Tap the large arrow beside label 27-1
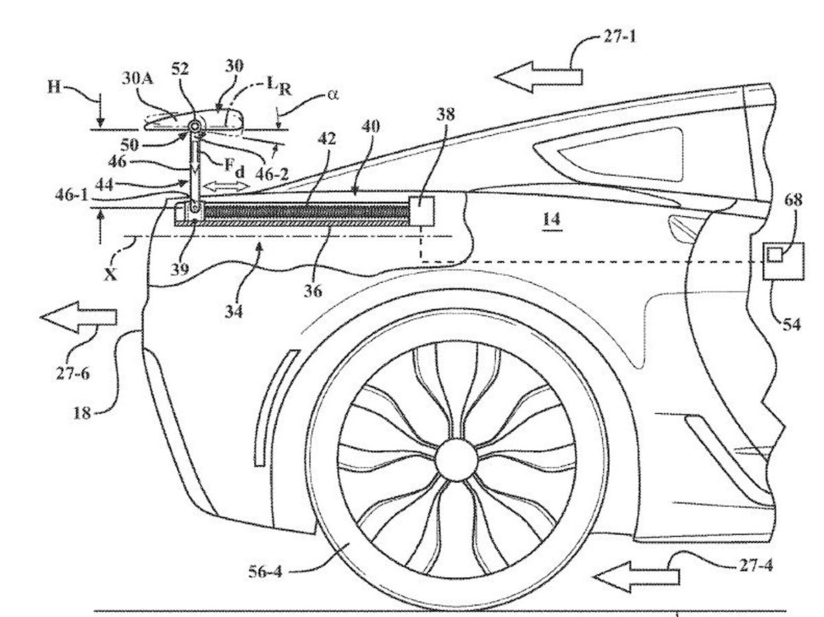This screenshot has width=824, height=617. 538,75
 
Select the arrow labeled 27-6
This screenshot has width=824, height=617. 78,316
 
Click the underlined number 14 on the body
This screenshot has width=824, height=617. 551,220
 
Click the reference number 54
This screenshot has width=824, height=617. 791,324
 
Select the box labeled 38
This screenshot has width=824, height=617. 421,209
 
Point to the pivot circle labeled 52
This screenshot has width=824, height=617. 194,126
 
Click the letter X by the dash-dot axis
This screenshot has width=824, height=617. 110,272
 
